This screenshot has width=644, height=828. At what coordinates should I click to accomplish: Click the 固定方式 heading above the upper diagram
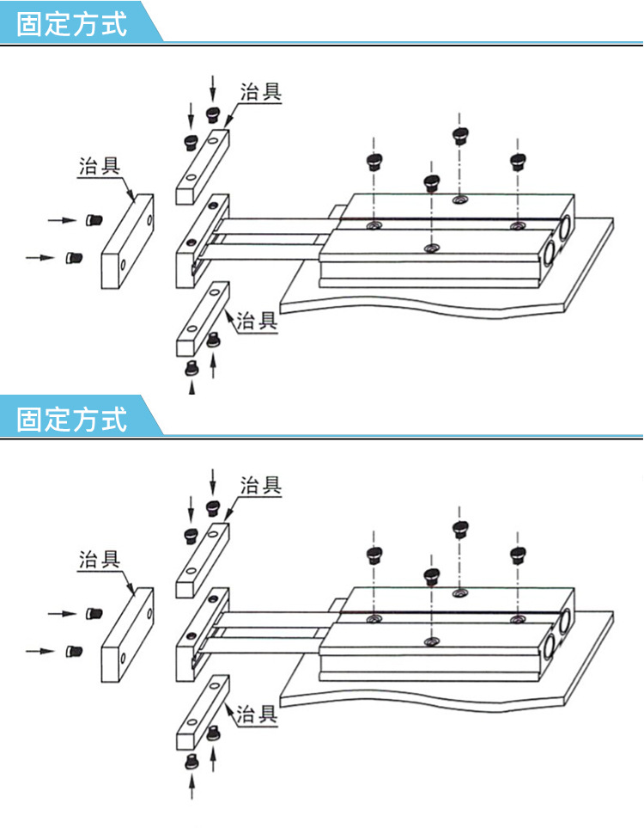point(72,24)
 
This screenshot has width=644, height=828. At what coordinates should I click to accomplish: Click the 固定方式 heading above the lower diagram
point(72,419)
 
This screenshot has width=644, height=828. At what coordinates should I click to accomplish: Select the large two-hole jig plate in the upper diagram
point(127,241)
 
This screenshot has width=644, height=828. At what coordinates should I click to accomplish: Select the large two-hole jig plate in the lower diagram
point(127,635)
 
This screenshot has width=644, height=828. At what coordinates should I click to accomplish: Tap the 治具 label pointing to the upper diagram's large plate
point(100,166)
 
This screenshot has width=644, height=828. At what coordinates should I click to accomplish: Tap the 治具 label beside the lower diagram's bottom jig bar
point(257,714)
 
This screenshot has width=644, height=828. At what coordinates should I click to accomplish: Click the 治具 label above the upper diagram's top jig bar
point(261,91)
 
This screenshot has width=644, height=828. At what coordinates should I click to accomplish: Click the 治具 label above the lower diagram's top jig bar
point(261,485)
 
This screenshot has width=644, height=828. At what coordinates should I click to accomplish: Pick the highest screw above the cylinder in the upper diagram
point(461,135)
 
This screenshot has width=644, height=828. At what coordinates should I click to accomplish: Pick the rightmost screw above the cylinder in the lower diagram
point(518,555)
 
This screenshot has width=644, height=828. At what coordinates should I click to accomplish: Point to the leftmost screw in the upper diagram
point(74,258)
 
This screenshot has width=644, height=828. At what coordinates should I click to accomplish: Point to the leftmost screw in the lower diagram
point(74,651)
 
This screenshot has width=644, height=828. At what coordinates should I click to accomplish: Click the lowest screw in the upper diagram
point(192,367)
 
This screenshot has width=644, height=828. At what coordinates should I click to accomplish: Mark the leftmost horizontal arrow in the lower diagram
point(40,651)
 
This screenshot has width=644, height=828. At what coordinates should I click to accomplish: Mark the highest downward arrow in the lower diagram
point(213,481)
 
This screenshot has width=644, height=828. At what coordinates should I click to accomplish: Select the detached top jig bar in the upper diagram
point(203,166)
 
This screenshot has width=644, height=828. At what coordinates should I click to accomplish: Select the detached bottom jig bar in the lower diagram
point(203,712)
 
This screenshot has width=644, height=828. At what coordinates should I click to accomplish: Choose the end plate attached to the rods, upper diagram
point(203,241)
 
